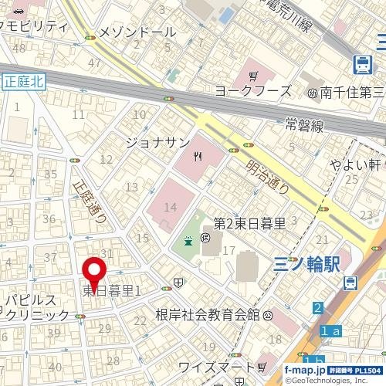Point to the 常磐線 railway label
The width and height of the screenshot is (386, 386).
point(302,124)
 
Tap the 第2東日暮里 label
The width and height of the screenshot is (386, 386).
point(249,224)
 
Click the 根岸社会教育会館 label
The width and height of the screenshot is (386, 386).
point(207,314)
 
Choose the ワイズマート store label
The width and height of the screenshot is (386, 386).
point(215,366)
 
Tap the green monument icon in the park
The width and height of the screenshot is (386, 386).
point(188,242)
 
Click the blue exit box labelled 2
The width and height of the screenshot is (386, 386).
point(318,309)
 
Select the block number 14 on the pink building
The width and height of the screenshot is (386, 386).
point(171,207)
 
